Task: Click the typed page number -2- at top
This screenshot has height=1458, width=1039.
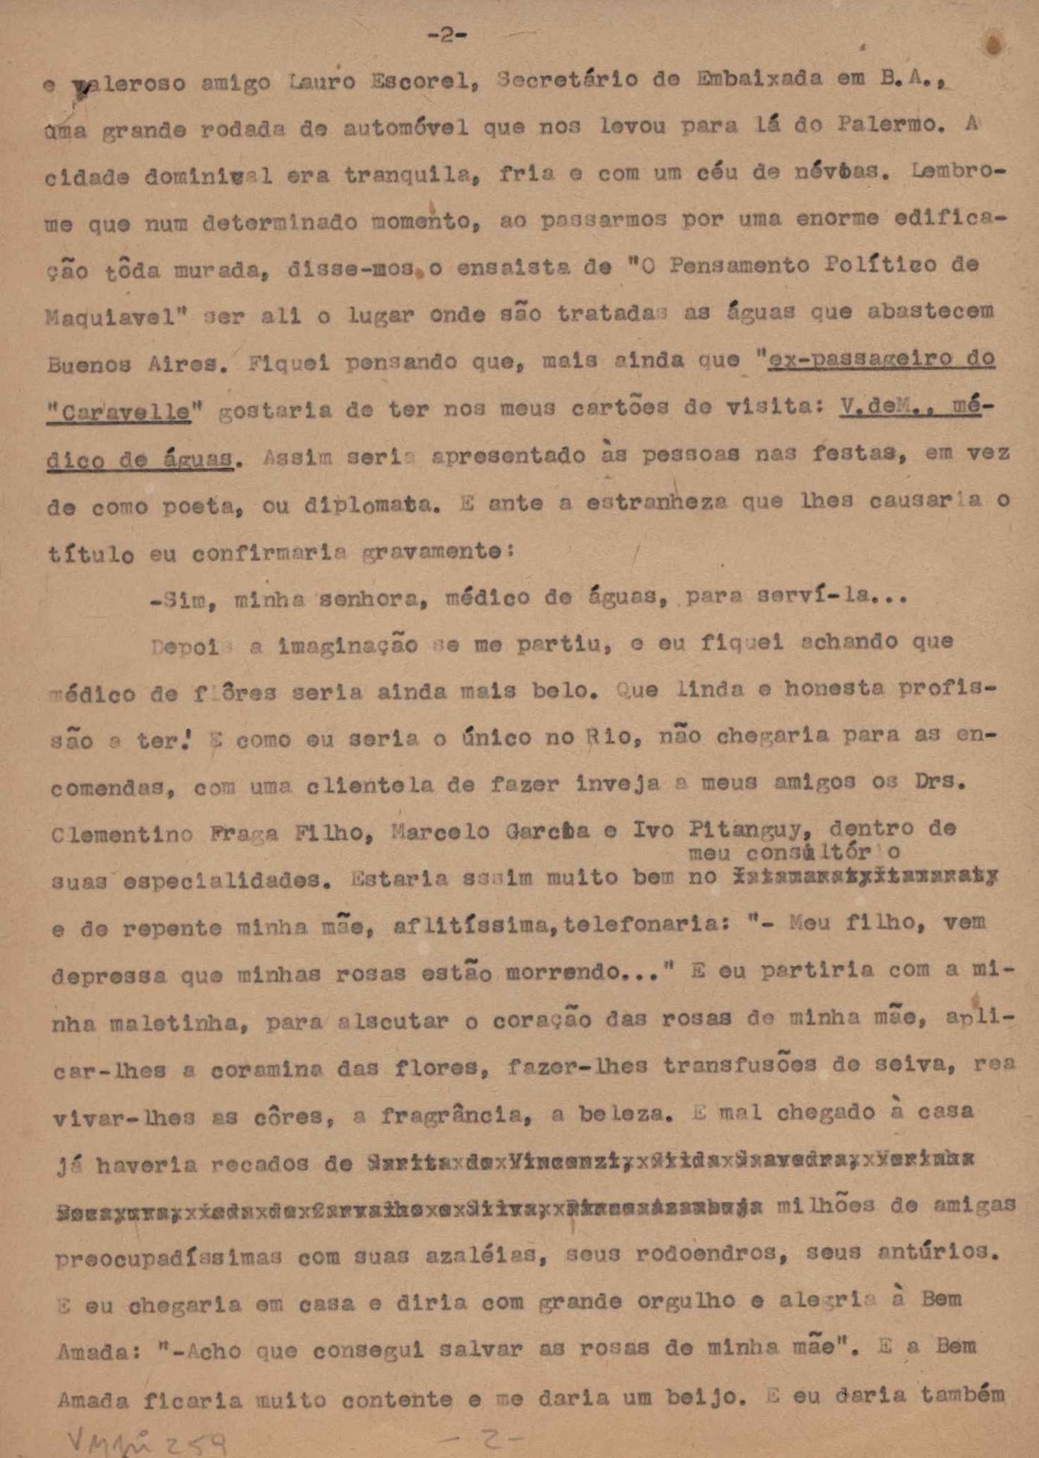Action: (x=447, y=35)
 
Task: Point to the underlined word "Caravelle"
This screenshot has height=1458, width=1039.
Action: (x=119, y=411)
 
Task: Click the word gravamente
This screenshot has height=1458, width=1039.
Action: (x=432, y=553)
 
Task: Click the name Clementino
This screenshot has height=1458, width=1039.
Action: (x=122, y=834)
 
